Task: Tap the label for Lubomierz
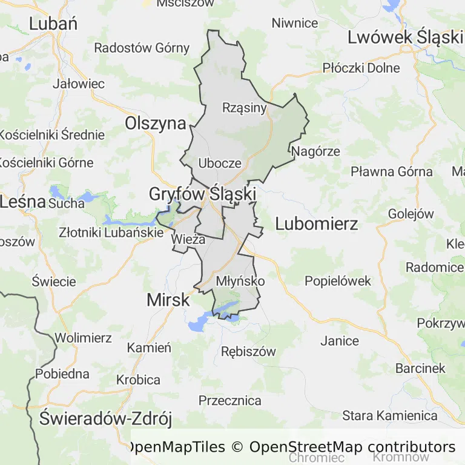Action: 316,224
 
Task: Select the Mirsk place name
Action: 168,300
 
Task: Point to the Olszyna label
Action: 155,124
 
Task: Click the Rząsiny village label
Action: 245,108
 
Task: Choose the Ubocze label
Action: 220,163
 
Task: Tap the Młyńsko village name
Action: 240,282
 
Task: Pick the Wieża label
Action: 189,239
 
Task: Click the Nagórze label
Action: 315,151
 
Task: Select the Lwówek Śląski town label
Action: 404,38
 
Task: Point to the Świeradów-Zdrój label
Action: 106,418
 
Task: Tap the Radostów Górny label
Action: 142,48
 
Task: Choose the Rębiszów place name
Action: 248,352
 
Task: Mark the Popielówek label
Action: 338,281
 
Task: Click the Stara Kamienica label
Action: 390,416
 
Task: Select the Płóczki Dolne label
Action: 361,68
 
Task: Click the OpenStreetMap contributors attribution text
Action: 352,447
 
